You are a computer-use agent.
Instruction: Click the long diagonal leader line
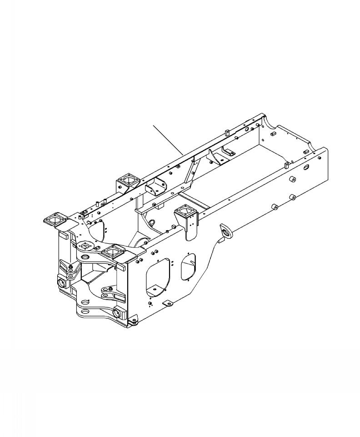coord(167,138)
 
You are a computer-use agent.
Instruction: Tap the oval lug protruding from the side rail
coord(225,231)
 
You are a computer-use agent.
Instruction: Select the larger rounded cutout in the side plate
coord(157,276)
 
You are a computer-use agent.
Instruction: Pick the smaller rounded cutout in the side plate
coord(189,266)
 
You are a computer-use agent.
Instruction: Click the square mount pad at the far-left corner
coord(55,220)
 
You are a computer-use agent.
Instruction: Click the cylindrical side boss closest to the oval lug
coord(275,207)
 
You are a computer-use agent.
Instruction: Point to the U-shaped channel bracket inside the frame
coord(155,187)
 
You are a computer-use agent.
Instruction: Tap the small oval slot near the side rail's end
coord(306,168)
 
